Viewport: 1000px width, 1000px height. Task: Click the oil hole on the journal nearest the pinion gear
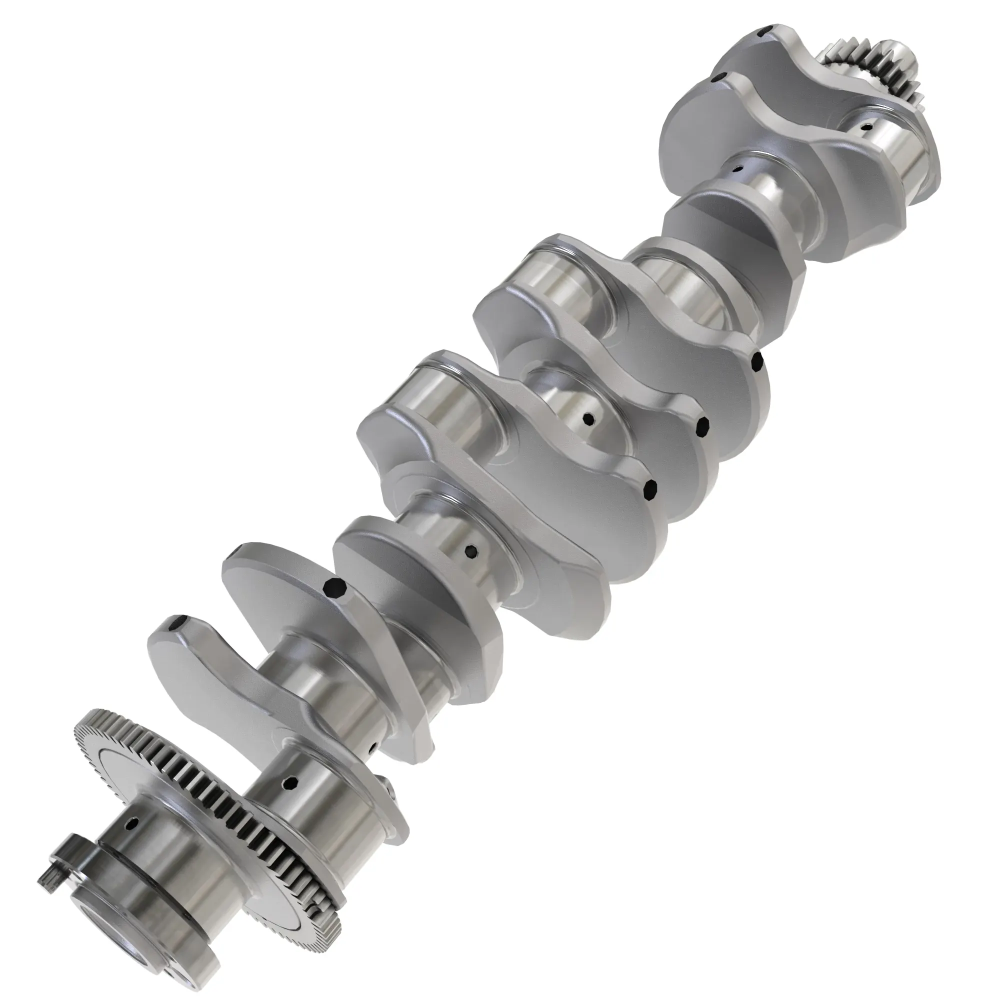pyautogui.click(x=864, y=126)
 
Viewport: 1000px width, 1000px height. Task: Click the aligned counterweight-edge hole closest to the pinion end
pyautogui.click(x=757, y=362)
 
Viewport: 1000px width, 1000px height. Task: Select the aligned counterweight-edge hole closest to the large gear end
pyautogui.click(x=650, y=487)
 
